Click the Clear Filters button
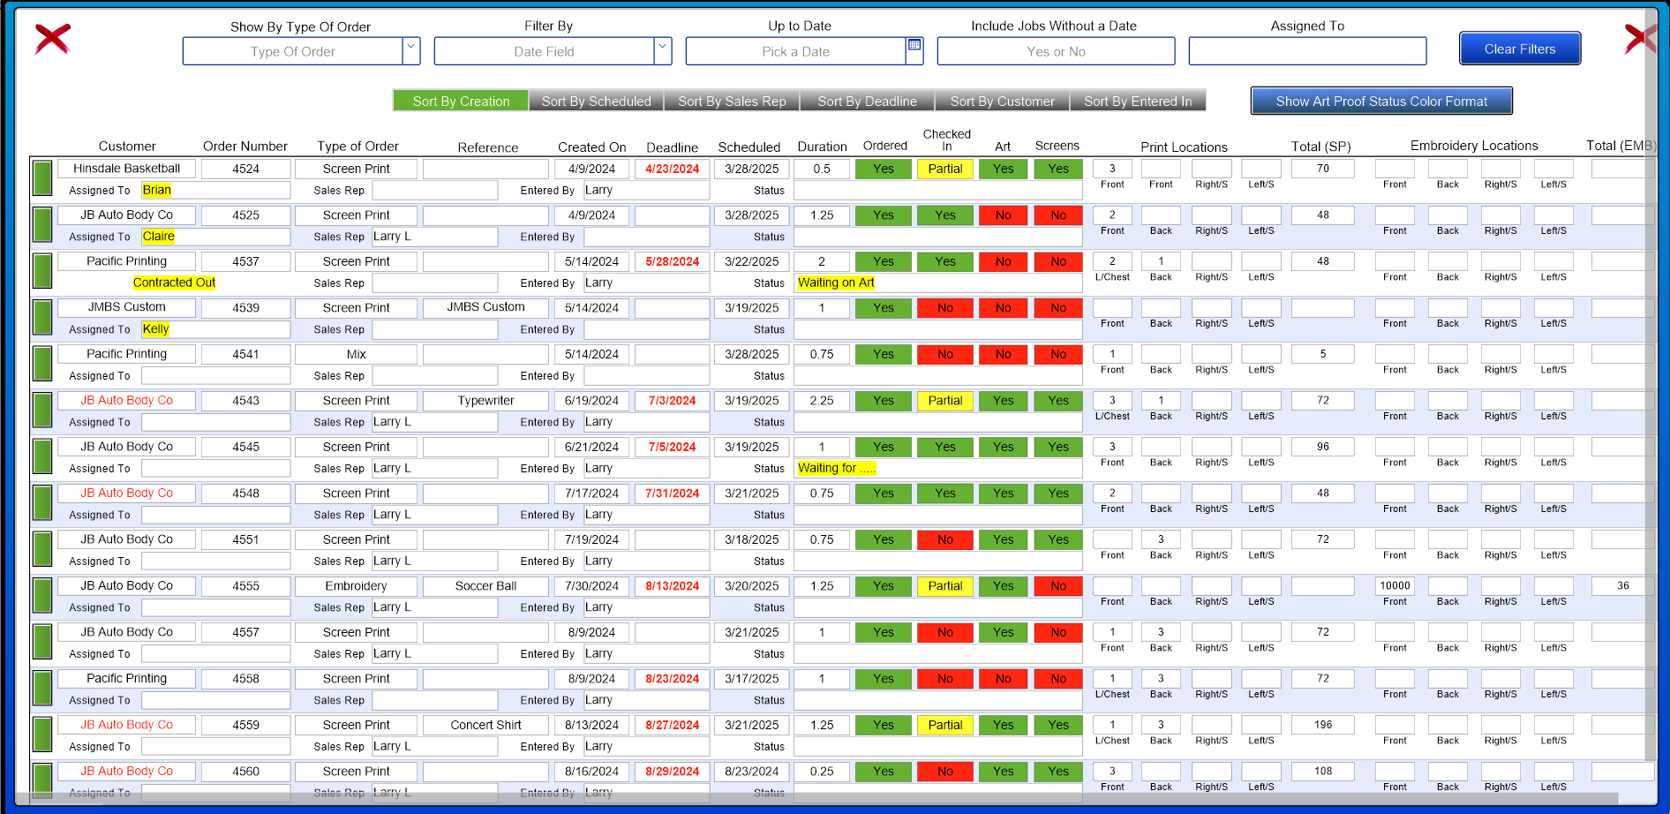click(x=1519, y=49)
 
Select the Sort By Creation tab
click(x=461, y=102)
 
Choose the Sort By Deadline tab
click(x=867, y=102)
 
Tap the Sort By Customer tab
click(x=1002, y=102)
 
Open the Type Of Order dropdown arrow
click(x=411, y=50)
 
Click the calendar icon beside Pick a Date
click(x=914, y=45)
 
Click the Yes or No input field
click(x=1056, y=51)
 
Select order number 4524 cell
click(x=246, y=169)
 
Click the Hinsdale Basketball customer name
click(x=127, y=169)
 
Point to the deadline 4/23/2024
click(x=672, y=169)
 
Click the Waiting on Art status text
click(x=836, y=283)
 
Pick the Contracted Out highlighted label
click(x=174, y=283)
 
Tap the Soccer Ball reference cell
click(x=485, y=586)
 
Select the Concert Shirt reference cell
click(x=485, y=725)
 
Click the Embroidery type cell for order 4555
click(x=356, y=586)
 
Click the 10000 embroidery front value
click(x=1395, y=586)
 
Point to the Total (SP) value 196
click(x=1322, y=725)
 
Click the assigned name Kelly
click(x=155, y=329)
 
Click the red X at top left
click(x=53, y=39)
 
